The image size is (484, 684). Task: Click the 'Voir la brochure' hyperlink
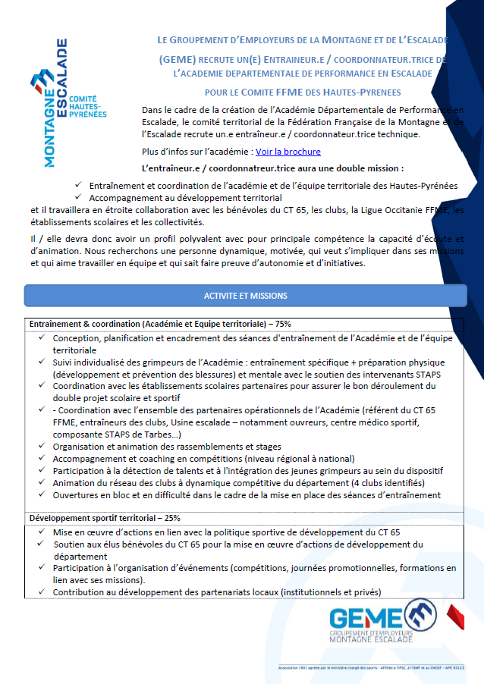tap(288, 152)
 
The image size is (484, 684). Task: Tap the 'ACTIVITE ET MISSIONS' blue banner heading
tap(245, 296)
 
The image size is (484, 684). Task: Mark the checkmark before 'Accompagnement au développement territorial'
tap(79, 197)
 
